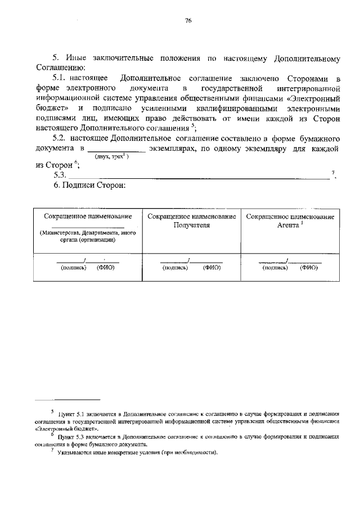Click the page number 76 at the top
(188, 21)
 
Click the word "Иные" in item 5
(77, 58)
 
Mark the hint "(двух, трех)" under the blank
(112, 157)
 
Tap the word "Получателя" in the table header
(191, 225)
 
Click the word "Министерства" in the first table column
(60, 232)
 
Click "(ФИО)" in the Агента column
(309, 268)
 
